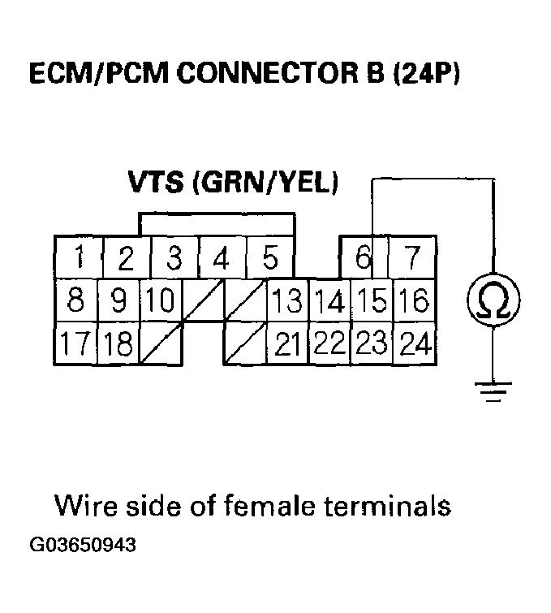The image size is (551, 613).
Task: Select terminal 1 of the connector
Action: coord(77,258)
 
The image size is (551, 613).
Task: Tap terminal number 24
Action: coord(415,343)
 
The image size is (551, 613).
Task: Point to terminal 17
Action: coord(75,343)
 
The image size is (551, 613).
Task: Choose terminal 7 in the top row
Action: coord(414,258)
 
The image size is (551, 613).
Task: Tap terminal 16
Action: coord(415,301)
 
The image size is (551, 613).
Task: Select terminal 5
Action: coord(270,258)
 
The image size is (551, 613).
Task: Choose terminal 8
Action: coord(75,301)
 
